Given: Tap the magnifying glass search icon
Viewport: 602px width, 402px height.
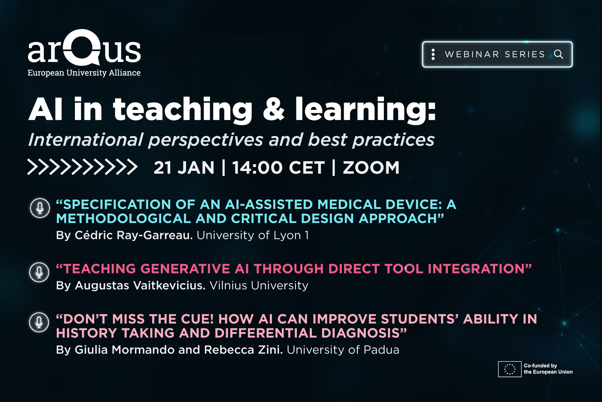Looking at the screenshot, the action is [559, 54].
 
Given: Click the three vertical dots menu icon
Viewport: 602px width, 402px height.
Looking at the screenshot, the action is [433, 54].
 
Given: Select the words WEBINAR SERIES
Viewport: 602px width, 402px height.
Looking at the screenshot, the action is [495, 54].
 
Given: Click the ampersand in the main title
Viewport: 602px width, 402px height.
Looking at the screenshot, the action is [274, 110].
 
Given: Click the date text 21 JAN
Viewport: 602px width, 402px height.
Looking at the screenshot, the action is [184, 167].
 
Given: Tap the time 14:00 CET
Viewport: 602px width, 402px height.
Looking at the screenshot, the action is [278, 167].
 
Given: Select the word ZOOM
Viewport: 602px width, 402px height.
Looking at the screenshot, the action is [371, 167].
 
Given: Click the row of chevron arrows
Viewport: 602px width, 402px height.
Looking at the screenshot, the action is [82, 167].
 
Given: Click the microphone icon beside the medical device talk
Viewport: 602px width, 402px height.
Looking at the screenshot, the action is [40, 208].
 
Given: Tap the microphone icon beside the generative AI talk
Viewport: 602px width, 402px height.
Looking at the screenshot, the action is [39, 272].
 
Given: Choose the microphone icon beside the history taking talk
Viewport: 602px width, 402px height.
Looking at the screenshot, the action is [39, 322].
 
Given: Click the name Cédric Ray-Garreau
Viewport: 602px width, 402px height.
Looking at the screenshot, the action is [134, 235].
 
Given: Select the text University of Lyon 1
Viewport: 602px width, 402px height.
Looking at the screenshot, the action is [253, 235].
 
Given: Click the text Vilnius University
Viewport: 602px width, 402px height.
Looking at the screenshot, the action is [259, 285].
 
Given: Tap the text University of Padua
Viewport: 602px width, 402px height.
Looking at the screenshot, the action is [343, 350].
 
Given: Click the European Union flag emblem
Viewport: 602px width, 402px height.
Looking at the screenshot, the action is [510, 369].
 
